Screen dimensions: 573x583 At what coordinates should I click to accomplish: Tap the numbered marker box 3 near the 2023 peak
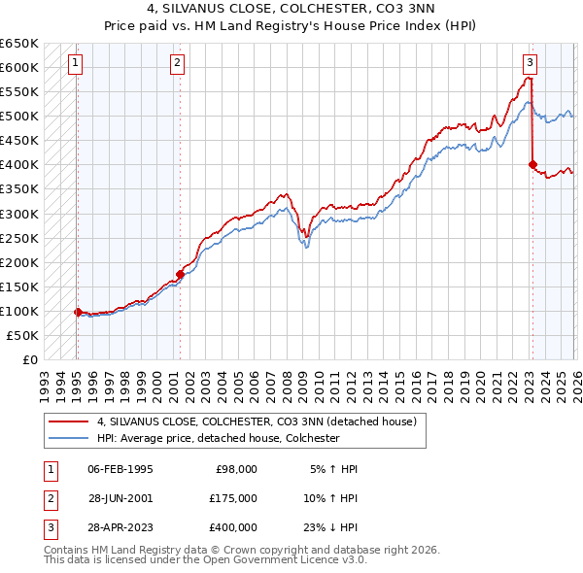pyautogui.click(x=530, y=63)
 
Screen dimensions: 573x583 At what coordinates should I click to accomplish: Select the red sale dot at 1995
pyautogui.click(x=78, y=312)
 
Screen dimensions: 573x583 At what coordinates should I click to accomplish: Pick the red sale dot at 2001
pyautogui.click(x=181, y=274)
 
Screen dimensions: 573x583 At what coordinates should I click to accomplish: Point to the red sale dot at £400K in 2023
pyautogui.click(x=532, y=164)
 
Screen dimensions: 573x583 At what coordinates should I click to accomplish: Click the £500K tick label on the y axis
pyautogui.click(x=19, y=116)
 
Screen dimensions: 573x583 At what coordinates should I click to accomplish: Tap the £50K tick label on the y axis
pyautogui.click(x=22, y=335)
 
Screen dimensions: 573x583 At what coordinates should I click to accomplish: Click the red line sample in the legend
pyautogui.click(x=69, y=421)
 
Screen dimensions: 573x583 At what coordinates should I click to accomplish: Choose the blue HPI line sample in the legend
pyautogui.click(x=69, y=438)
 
